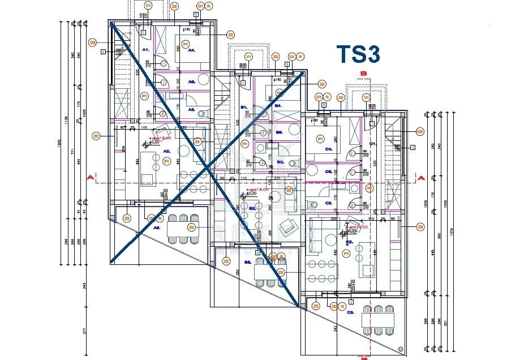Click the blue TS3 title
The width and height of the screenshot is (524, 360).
[358, 54]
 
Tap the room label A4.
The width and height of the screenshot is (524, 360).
[192, 50]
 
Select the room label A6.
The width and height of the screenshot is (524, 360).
[192, 82]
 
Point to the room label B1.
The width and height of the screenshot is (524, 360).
[244, 106]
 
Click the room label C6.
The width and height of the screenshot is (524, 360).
[328, 172]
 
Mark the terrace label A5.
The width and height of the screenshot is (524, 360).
[157, 227]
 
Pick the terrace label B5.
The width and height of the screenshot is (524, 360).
[247, 263]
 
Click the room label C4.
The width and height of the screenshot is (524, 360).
[328, 149]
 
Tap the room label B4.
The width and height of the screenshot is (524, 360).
[278, 106]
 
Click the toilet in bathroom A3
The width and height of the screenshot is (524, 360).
[203, 113]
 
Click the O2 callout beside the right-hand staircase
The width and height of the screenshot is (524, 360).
[420, 131]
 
